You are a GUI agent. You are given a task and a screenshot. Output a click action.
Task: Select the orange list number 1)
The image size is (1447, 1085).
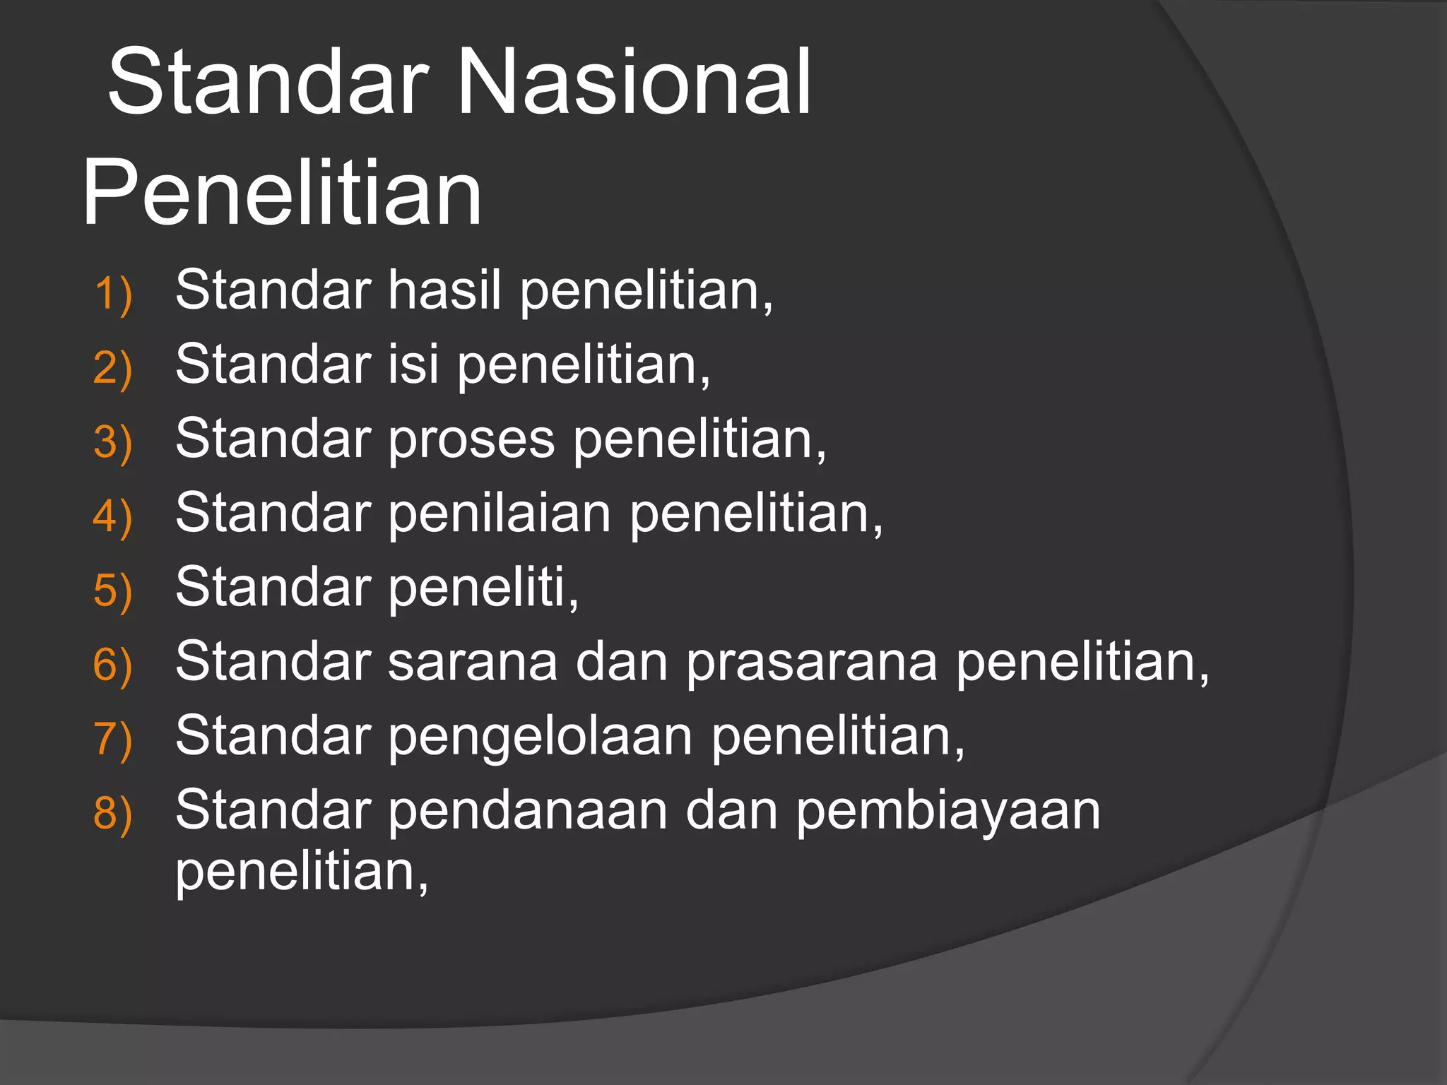tap(113, 294)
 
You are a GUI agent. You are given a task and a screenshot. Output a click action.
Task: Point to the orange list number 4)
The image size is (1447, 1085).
tap(113, 516)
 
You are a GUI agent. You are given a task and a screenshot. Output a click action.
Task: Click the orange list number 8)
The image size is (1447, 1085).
tap(113, 813)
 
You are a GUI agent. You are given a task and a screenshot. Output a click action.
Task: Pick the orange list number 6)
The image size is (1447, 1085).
tap(113, 665)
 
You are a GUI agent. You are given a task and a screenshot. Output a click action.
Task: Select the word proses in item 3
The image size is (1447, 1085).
tap(471, 439)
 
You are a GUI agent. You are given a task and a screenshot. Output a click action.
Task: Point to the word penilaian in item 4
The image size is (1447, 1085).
tap(499, 514)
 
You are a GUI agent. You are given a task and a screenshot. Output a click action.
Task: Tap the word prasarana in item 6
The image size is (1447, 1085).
tap(812, 663)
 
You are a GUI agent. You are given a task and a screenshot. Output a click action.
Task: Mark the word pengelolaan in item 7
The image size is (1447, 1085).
tap(540, 737)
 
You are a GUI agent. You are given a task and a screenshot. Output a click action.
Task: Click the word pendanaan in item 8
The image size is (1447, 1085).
tap(527, 811)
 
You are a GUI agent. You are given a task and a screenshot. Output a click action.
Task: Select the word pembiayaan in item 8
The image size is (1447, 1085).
tap(948, 811)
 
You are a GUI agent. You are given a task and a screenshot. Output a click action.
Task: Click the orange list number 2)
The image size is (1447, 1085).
tap(113, 368)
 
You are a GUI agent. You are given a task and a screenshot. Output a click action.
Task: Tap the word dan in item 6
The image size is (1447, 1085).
tap(621, 663)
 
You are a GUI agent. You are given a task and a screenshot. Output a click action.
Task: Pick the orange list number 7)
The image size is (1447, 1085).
tap(113, 740)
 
